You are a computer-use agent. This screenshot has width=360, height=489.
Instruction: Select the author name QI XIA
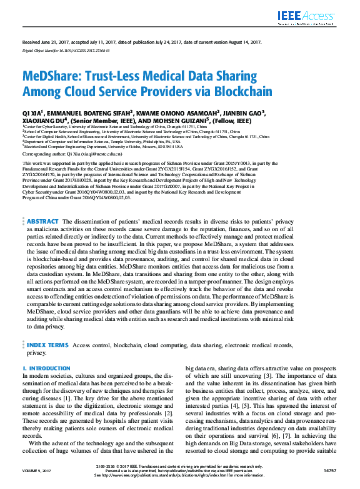click(x=34, y=113)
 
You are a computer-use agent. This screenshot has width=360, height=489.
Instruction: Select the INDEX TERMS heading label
click(x=47, y=345)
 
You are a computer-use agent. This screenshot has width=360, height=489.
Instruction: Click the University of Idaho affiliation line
click(x=103, y=147)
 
